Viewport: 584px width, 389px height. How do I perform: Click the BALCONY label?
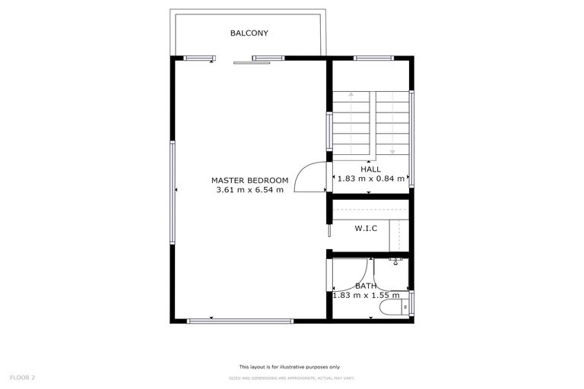pyautogui.click(x=249, y=33)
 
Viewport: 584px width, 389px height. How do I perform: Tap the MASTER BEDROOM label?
pyautogui.click(x=250, y=180)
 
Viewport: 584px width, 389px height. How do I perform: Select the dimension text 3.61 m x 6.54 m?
pyautogui.click(x=250, y=190)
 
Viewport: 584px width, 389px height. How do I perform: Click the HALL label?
pyautogui.click(x=370, y=169)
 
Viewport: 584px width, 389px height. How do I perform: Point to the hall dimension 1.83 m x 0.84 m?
pyautogui.click(x=370, y=179)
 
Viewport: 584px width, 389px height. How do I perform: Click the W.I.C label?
pyautogui.click(x=366, y=228)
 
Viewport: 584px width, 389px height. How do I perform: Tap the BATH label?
pyautogui.click(x=366, y=286)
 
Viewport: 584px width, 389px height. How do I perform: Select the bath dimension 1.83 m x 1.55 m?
pyautogui.click(x=366, y=296)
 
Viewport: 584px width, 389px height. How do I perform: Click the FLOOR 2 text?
pyautogui.click(x=23, y=377)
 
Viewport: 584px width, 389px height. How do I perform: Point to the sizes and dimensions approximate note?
pyautogui.click(x=292, y=378)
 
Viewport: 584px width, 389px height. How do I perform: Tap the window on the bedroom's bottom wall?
pyautogui.click(x=240, y=321)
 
